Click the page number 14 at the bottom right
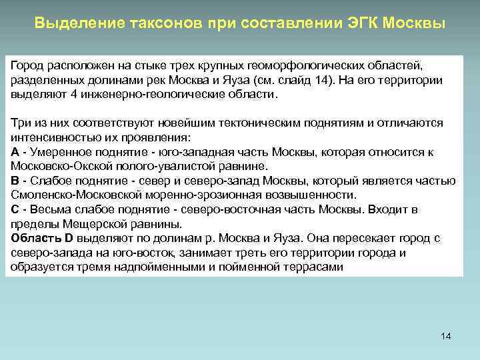(446, 336)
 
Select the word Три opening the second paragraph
(20, 123)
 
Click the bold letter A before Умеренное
(15, 152)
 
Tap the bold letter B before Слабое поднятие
(15, 181)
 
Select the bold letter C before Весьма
(15, 209)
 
